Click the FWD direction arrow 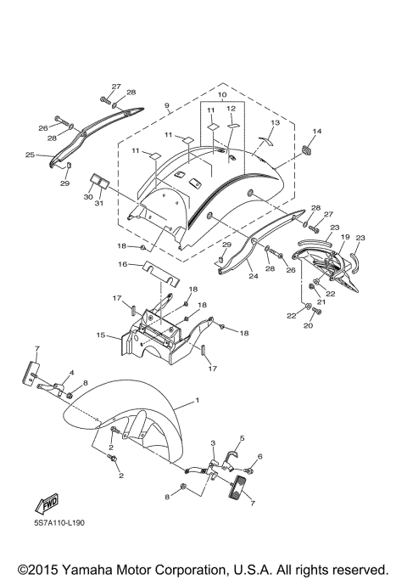pos(47,504)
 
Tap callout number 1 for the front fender pos(198,400)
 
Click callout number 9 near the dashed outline pos(167,106)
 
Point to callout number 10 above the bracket pos(222,95)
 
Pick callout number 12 pos(231,109)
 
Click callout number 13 pos(276,122)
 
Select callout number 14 pos(317,131)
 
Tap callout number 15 pos(100,335)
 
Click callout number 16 pos(122,264)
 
